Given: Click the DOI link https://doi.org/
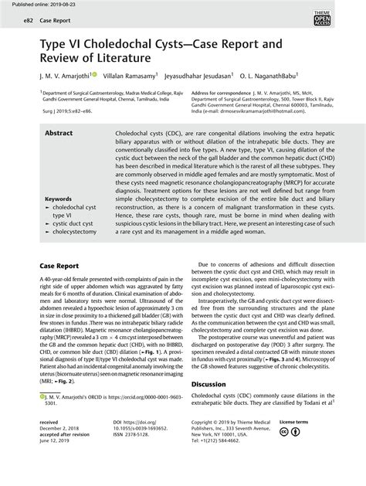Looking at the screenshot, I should (134, 444).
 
